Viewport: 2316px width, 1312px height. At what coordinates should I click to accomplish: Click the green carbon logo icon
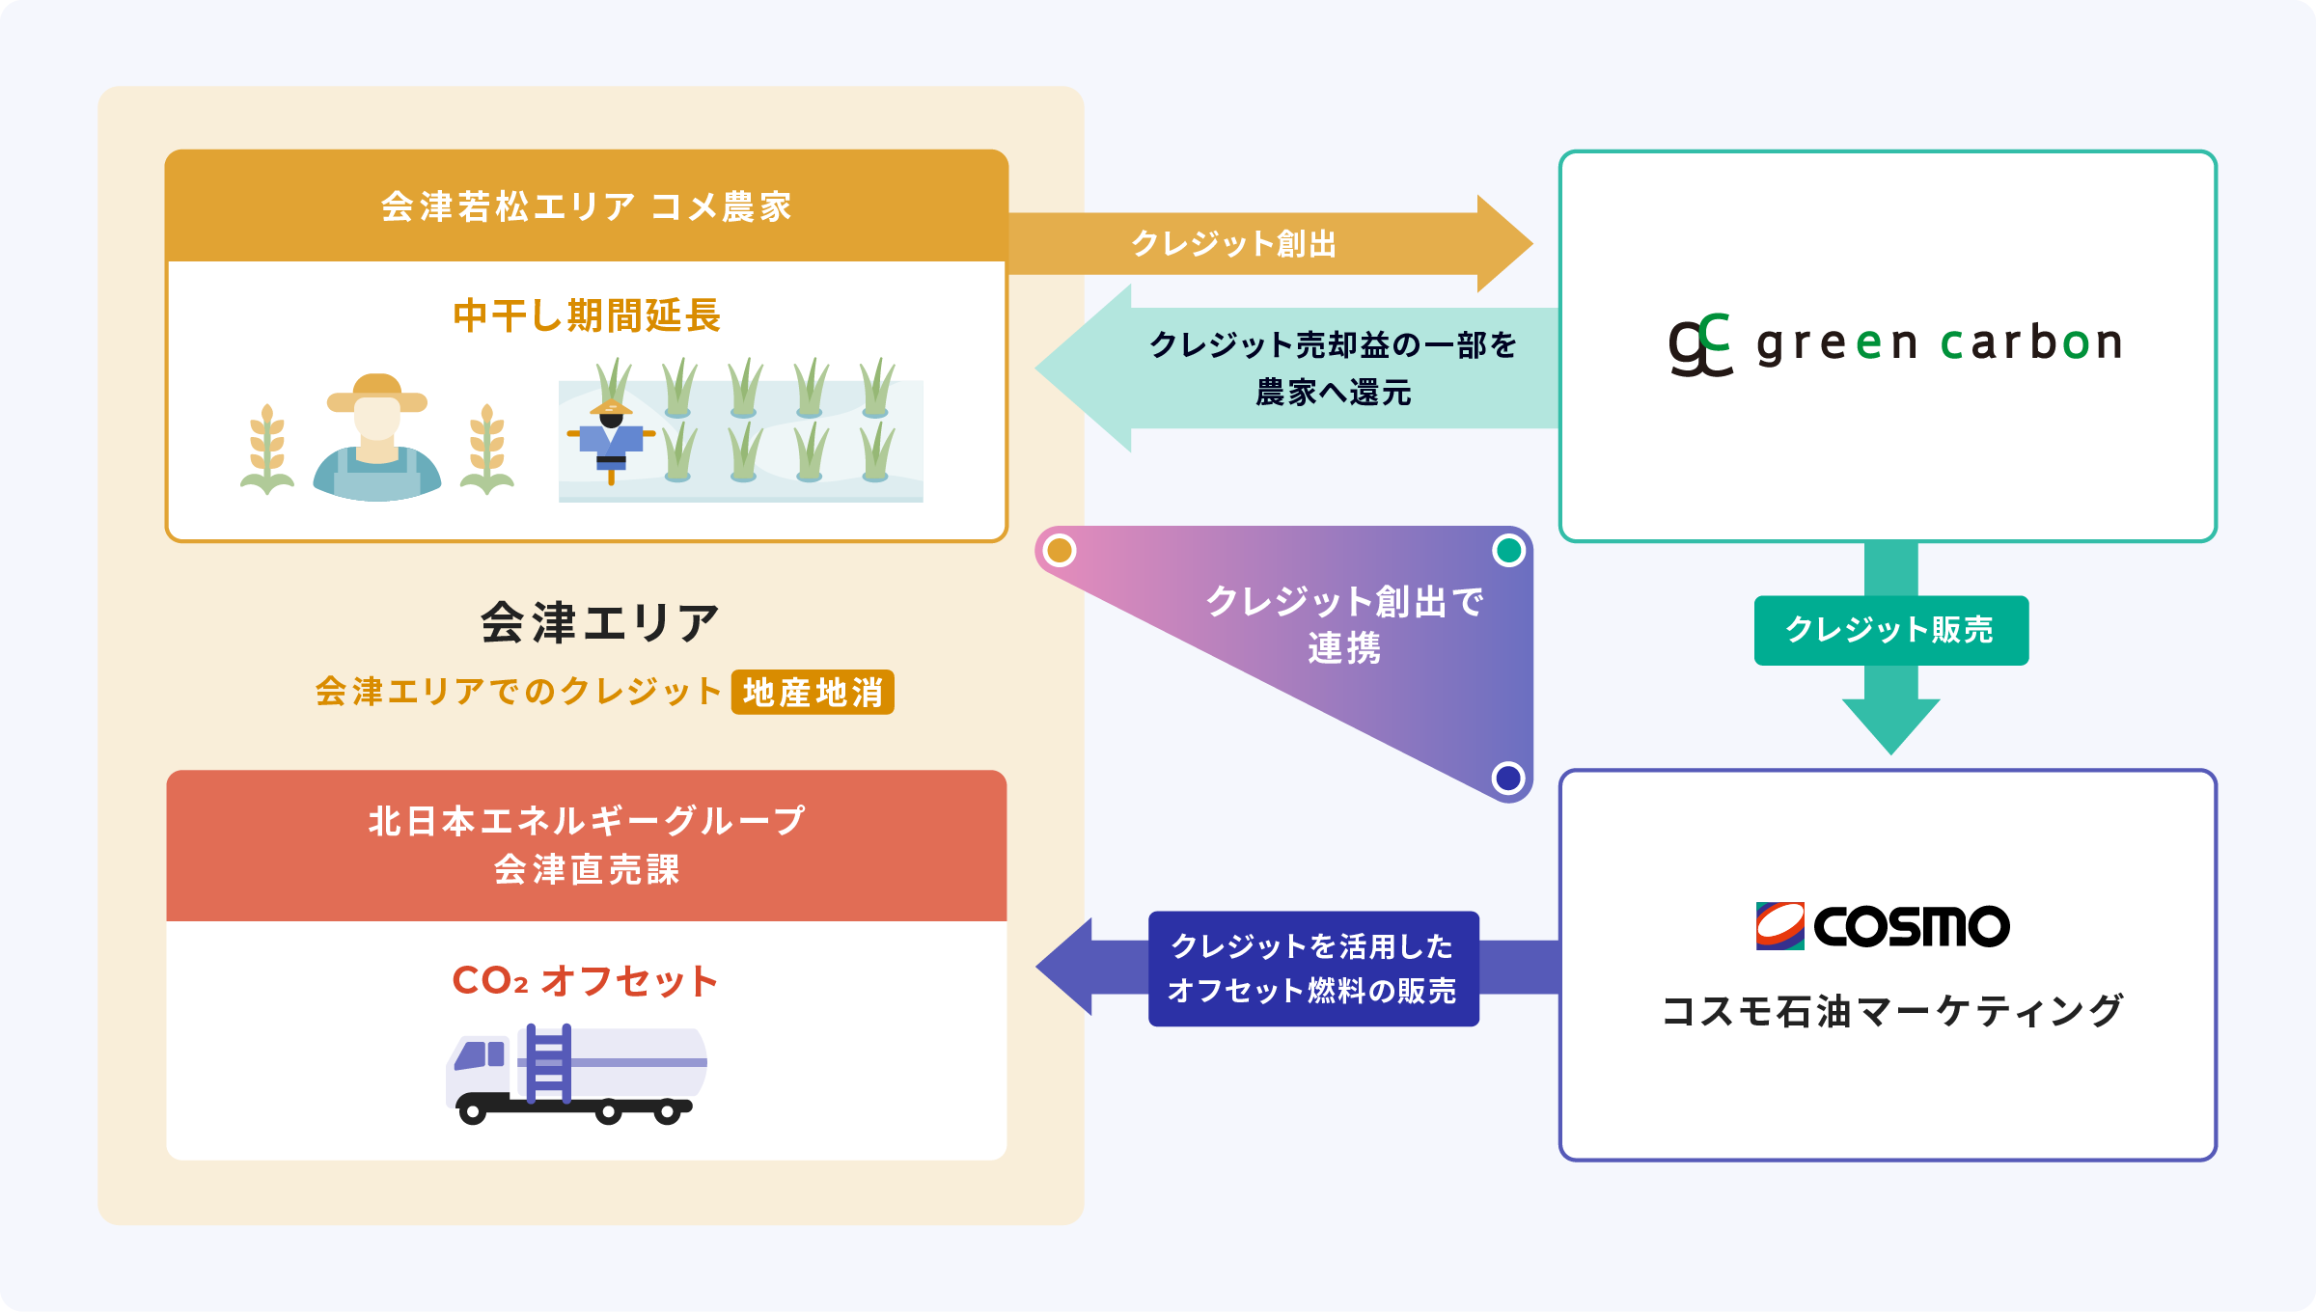pos(1700,344)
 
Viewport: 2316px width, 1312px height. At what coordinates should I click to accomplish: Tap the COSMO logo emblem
pos(1779,926)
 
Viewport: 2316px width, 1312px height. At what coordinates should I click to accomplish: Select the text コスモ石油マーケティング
pos(1891,1011)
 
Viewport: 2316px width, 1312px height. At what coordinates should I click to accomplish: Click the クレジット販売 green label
pos(1890,630)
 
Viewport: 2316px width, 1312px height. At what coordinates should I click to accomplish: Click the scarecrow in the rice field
pos(611,439)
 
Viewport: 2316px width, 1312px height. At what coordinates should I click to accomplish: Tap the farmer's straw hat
pos(376,393)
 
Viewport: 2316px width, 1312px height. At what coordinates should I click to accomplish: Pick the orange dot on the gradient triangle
pos(1060,551)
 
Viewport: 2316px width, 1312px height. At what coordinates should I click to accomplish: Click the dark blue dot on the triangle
pos(1507,778)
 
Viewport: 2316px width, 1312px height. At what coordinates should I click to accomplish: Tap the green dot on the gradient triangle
pos(1508,551)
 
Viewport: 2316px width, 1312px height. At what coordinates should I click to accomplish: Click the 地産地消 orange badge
pos(813,693)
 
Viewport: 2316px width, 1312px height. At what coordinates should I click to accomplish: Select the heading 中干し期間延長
pos(587,315)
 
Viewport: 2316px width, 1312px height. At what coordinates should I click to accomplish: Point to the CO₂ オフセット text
pos(585,981)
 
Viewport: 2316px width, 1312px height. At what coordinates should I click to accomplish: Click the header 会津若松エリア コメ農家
pos(587,206)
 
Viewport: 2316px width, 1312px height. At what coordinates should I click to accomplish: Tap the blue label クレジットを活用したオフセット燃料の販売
pos(1312,968)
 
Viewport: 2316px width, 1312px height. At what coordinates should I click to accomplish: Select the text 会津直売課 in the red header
pos(587,870)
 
